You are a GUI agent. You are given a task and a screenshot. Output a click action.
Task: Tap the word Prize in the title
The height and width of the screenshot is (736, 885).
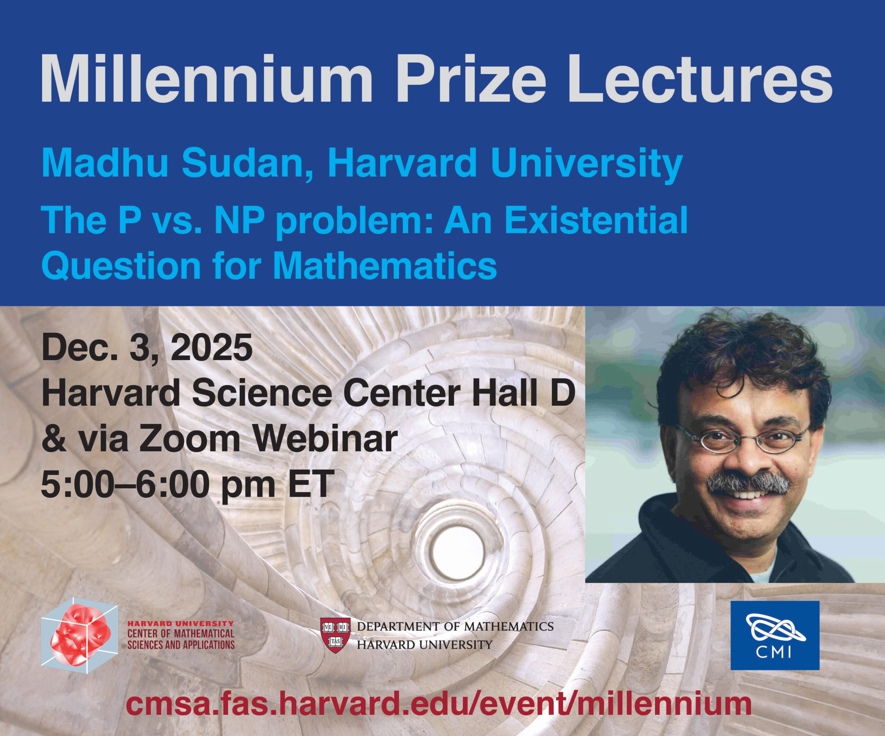coord(471,79)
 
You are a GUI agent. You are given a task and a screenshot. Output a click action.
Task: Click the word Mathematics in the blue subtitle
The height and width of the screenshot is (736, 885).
coord(385,266)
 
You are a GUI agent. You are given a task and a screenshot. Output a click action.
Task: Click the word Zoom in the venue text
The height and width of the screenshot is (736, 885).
coord(190,439)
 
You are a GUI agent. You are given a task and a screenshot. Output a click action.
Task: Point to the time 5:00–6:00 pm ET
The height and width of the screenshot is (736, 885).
coord(187,485)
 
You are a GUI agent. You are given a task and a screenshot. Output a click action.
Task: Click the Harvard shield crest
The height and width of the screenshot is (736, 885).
coord(335,636)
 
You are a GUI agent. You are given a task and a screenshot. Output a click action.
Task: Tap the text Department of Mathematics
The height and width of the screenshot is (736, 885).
coord(455,626)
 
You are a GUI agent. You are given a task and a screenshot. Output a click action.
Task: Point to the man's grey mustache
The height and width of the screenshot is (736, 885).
coord(748,483)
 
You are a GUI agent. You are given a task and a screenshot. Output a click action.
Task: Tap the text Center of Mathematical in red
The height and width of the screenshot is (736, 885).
coord(181,633)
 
